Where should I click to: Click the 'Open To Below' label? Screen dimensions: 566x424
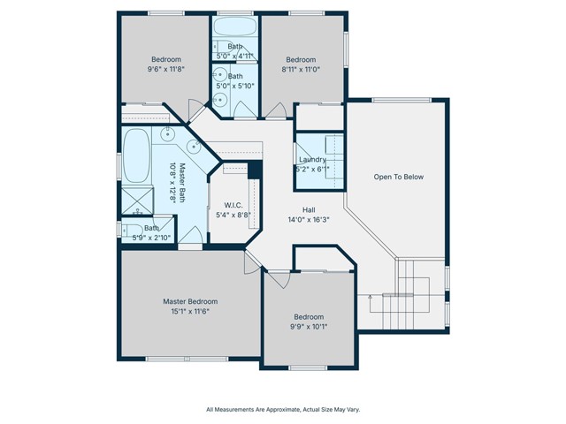click(399, 177)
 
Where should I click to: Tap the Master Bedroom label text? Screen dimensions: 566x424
click(190, 301)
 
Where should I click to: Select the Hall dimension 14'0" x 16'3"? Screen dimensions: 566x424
click(309, 220)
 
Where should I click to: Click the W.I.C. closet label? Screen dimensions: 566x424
click(233, 205)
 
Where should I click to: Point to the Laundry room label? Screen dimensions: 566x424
click(312, 159)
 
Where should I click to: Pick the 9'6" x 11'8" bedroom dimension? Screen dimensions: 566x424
click(166, 69)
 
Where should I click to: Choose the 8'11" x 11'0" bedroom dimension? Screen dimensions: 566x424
click(301, 69)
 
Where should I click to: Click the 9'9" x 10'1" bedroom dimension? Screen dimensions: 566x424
click(309, 327)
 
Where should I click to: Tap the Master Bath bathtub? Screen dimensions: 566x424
click(136, 155)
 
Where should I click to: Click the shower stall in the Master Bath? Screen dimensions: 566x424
click(137, 201)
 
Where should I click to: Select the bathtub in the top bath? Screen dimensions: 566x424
click(234, 26)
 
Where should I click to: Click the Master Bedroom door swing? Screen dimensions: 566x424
click(252, 262)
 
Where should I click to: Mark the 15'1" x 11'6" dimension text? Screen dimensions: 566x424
click(190, 311)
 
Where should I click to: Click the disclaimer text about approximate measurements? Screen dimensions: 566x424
click(283, 410)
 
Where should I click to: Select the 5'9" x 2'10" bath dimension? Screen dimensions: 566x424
click(151, 238)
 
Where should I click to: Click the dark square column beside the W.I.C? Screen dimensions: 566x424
click(255, 170)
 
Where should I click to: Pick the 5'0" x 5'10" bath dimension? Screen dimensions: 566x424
click(235, 86)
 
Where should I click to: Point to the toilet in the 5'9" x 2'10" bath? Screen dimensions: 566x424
click(133, 230)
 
